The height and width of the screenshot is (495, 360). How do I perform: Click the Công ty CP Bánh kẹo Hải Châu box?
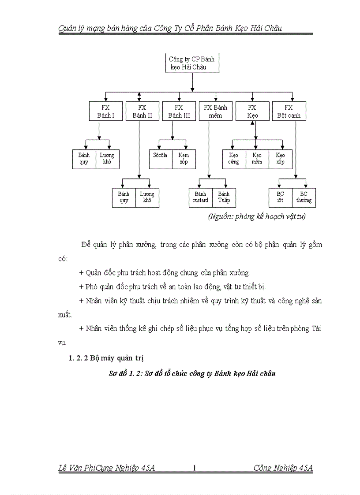click(192, 63)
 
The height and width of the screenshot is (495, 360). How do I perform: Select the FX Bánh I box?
click(105, 112)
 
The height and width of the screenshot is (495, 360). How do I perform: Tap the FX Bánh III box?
click(179, 112)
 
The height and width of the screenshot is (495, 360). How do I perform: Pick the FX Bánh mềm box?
click(215, 112)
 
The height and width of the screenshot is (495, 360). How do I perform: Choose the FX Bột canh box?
click(289, 112)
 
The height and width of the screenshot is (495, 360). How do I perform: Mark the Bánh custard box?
click(200, 197)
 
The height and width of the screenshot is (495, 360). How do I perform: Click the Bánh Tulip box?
click(224, 197)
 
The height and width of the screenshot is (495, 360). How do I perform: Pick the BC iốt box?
click(280, 197)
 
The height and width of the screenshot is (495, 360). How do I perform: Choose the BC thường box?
click(304, 197)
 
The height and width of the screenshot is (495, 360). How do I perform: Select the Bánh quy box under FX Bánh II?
click(124, 197)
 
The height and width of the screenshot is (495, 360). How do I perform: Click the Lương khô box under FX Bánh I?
click(107, 159)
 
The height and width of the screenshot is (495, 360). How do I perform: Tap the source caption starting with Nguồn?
click(257, 216)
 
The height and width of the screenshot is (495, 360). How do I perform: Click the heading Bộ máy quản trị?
click(107, 358)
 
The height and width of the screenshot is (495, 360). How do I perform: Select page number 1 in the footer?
click(194, 468)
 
